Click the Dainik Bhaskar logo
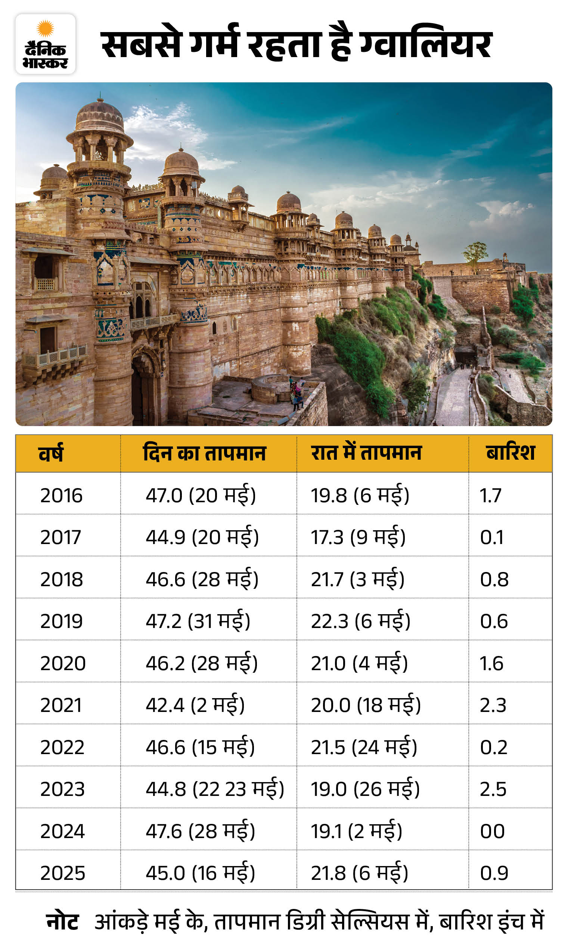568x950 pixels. click(x=46, y=44)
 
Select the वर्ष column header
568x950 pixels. click(x=50, y=454)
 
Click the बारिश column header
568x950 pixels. click(x=510, y=453)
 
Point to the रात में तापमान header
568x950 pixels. click(x=366, y=453)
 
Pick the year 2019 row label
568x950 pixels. click(x=62, y=621)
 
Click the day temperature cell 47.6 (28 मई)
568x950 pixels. click(x=200, y=831)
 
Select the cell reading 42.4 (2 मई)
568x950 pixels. click(x=195, y=705)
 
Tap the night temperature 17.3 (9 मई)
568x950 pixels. click(x=358, y=537)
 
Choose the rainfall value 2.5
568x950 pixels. click(x=493, y=790)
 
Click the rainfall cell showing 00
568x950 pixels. click(x=493, y=831)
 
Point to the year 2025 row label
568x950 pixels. click(x=63, y=874)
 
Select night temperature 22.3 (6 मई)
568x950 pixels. click(x=360, y=621)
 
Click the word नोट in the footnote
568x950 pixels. click(x=62, y=922)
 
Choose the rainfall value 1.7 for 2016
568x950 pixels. click(x=490, y=495)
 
